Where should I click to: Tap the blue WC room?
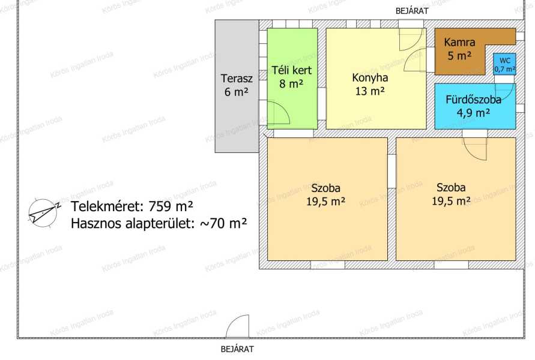504,64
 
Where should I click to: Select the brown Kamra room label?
459,42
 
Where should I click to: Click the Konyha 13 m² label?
370,84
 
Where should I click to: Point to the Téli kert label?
292,70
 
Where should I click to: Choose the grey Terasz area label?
237,79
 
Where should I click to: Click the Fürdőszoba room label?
473,100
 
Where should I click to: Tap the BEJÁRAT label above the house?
412,11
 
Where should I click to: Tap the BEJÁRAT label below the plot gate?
237,349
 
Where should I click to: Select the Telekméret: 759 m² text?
132,206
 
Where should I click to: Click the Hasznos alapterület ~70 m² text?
159,224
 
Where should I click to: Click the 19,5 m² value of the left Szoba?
325,202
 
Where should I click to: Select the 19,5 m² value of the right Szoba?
451,201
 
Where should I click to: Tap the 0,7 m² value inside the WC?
505,69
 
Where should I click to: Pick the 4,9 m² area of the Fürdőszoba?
473,112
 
